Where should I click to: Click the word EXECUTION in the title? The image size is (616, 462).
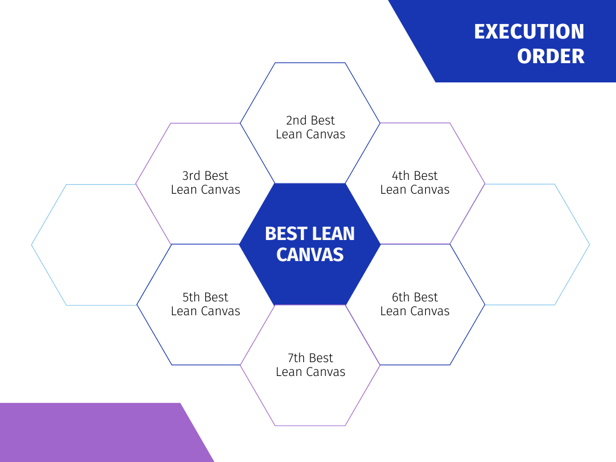[529, 31]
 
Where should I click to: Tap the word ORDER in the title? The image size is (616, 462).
[551, 56]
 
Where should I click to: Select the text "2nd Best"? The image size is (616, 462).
[310, 120]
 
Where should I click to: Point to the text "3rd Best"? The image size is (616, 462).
[205, 176]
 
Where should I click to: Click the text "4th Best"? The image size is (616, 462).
[415, 176]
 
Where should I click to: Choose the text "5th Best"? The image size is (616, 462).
[205, 297]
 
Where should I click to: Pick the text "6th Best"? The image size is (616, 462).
[415, 297]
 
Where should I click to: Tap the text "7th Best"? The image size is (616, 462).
[310, 358]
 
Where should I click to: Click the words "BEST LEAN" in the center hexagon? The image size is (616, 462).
[310, 234]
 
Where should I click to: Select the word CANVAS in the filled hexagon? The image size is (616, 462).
[310, 254]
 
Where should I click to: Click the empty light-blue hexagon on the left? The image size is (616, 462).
[31, 245]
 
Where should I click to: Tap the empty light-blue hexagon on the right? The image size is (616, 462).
[590, 244]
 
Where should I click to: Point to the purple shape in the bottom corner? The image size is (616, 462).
[98, 432]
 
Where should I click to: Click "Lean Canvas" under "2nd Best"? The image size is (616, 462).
[310, 134]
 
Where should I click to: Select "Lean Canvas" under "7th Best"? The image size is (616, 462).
[310, 372]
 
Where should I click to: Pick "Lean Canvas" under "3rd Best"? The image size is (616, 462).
[206, 189]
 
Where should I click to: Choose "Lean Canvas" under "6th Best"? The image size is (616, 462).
[415, 311]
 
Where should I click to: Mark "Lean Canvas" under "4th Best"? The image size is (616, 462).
[415, 189]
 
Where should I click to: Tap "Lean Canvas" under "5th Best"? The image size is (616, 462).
[206, 311]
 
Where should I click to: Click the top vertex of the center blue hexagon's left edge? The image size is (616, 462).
[274, 183]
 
